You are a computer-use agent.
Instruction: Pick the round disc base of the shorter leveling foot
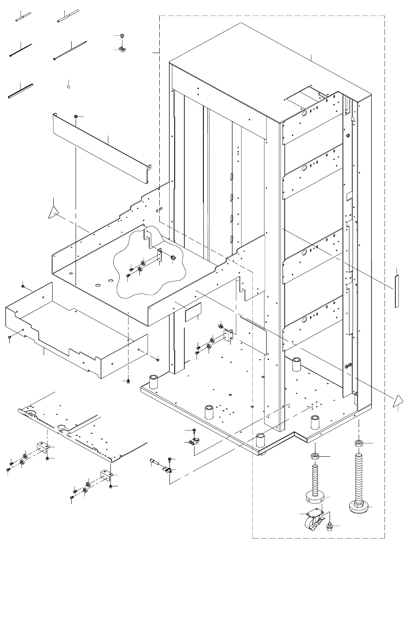[314, 496]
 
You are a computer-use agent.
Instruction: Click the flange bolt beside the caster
[329, 527]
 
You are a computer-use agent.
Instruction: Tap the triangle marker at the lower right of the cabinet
[398, 401]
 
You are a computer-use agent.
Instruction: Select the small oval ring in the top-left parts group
[68, 85]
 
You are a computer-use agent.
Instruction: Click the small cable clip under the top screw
[120, 50]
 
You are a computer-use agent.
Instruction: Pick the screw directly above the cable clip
[120, 36]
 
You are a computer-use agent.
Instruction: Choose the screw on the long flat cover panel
[76, 117]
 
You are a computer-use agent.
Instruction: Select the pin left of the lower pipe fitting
[155, 462]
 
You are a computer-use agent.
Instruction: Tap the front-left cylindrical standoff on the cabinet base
[154, 382]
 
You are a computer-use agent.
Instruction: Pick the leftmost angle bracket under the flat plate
[42, 448]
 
